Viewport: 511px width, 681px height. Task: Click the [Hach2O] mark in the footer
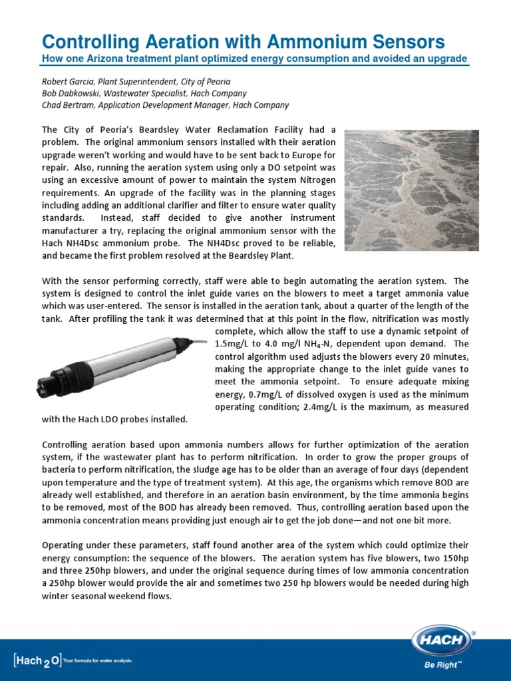(37, 660)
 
